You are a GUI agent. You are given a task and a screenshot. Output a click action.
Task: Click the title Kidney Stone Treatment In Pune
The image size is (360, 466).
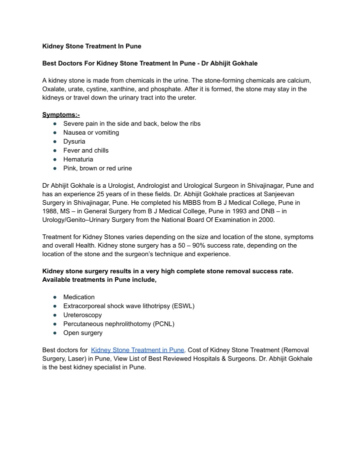click(91, 46)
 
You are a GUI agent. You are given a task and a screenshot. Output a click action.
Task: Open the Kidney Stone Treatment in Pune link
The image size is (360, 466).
click(138, 350)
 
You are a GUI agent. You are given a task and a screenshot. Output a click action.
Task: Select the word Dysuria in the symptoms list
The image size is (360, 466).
click(74, 141)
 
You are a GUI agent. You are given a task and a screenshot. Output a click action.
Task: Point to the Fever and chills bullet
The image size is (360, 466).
click(85, 150)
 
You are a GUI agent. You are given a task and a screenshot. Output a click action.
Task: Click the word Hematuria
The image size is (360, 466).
click(78, 159)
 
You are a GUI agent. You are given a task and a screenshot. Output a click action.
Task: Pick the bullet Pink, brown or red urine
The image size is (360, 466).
click(97, 168)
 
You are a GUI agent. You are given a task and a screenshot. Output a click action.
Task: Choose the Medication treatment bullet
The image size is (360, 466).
click(78, 297)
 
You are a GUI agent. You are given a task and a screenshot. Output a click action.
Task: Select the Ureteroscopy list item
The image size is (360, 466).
click(82, 315)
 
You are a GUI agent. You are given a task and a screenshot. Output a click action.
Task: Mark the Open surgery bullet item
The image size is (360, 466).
click(82, 333)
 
